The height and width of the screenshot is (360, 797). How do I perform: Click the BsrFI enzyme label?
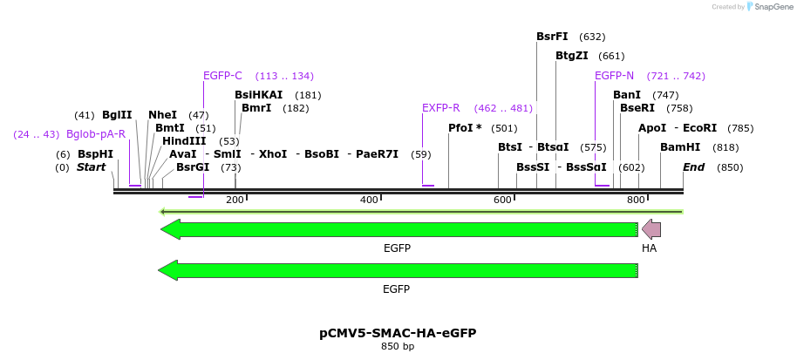(x=552, y=37)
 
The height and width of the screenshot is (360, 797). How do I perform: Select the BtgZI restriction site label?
(x=572, y=56)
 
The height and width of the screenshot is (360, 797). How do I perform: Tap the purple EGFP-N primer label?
(x=614, y=76)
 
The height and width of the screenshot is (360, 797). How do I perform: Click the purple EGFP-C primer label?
(x=222, y=76)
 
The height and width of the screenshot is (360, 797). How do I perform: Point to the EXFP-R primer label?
(x=440, y=108)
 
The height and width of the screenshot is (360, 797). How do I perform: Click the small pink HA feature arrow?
(x=651, y=229)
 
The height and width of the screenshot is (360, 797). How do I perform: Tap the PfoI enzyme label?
(x=465, y=128)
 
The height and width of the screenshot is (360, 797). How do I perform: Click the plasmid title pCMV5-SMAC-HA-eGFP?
(x=398, y=333)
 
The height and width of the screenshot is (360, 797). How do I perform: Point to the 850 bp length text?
(x=398, y=347)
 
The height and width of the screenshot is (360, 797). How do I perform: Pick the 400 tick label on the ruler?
(x=369, y=200)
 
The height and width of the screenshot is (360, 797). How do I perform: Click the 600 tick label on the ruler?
(x=502, y=200)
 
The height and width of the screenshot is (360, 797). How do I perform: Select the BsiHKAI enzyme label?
(x=259, y=95)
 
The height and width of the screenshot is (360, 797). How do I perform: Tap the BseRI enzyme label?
(x=637, y=108)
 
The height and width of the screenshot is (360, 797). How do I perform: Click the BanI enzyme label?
(x=627, y=95)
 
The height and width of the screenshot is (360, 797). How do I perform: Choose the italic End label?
(x=693, y=167)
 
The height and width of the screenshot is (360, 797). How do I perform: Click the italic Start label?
(x=91, y=167)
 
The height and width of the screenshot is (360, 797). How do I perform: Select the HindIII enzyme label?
(x=184, y=141)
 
